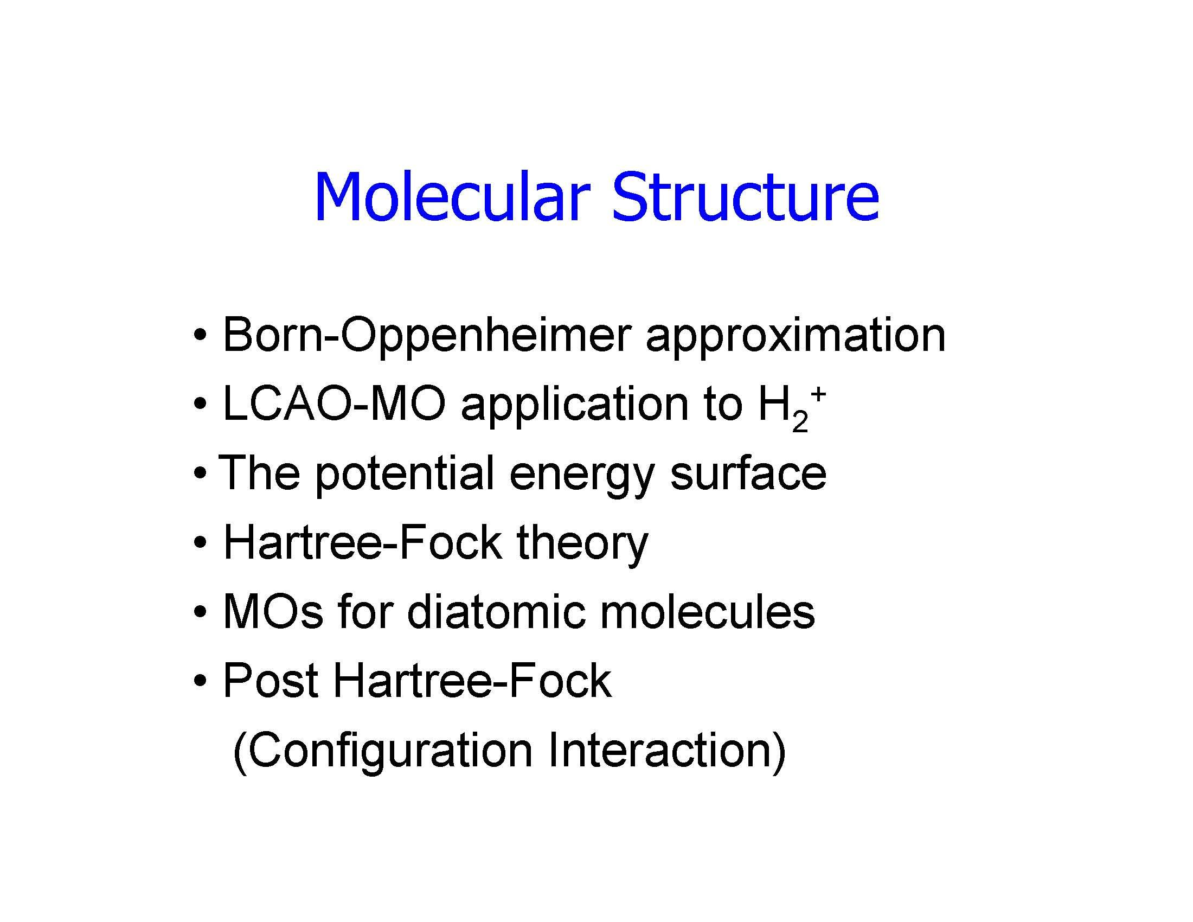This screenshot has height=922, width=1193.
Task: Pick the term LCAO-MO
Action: pyautogui.click(x=333, y=405)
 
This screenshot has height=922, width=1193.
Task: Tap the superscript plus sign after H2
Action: pyautogui.click(x=817, y=394)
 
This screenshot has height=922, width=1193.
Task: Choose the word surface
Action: pyautogui.click(x=748, y=473)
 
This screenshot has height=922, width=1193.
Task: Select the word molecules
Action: pyautogui.click(x=707, y=611)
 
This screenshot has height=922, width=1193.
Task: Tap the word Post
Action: pyautogui.click(x=271, y=681)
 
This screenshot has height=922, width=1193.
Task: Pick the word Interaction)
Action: pyautogui.click(x=666, y=751)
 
